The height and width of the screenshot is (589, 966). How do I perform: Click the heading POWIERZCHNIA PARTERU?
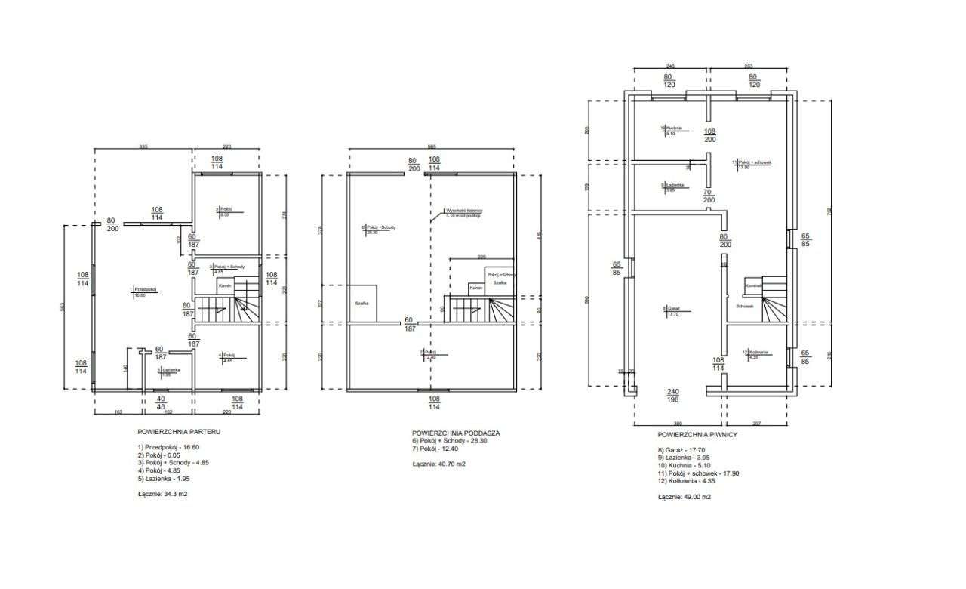click(179, 433)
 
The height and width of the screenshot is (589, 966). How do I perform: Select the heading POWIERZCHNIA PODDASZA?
click(456, 433)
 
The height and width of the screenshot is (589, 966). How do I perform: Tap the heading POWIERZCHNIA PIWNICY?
click(697, 435)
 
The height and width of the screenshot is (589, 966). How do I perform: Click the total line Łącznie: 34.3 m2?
click(162, 494)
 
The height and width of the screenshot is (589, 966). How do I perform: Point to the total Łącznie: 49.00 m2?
click(684, 497)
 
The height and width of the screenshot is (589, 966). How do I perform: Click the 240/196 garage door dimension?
click(674, 395)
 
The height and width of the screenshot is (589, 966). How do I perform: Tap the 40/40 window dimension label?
click(160, 402)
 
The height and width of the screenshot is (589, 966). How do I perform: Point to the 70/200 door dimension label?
click(707, 196)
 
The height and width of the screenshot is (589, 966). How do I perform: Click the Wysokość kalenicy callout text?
click(463, 213)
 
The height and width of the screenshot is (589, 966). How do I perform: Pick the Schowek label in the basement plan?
click(745, 306)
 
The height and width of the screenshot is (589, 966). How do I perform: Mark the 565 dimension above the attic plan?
click(432, 146)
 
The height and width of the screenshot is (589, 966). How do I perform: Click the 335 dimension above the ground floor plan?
click(142, 146)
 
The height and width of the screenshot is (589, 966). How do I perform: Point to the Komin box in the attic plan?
click(475, 288)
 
